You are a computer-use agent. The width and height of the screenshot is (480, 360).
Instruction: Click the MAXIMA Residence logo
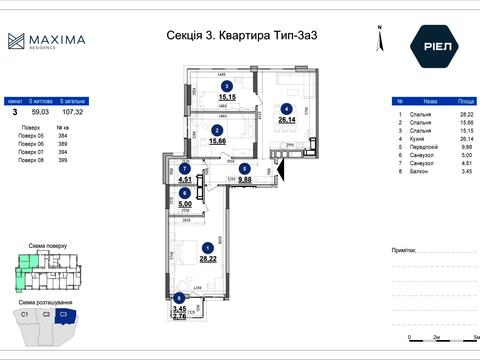click(x=46, y=42)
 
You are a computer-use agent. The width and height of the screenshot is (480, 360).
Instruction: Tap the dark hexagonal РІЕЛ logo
click(x=430, y=45)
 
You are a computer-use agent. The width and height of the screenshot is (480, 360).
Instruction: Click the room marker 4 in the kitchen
click(x=286, y=109)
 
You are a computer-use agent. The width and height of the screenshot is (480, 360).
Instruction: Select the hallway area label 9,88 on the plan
click(x=244, y=181)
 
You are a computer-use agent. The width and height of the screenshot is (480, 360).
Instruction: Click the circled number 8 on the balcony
click(x=179, y=297)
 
